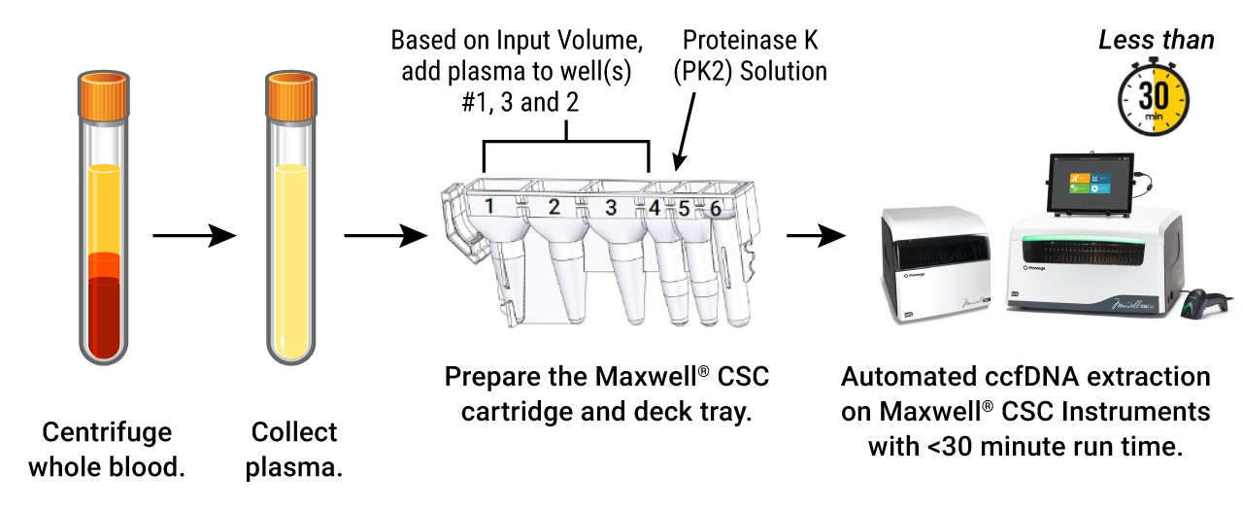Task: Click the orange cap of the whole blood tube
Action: [x=103, y=98]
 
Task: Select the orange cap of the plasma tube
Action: [x=293, y=98]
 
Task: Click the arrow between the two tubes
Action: [x=194, y=235]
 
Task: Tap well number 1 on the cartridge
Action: [x=490, y=206]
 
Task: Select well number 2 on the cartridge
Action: [x=554, y=206]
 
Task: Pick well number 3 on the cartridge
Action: [x=611, y=206]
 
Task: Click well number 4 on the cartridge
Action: [x=655, y=207]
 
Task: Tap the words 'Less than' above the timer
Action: [x=1156, y=40]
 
